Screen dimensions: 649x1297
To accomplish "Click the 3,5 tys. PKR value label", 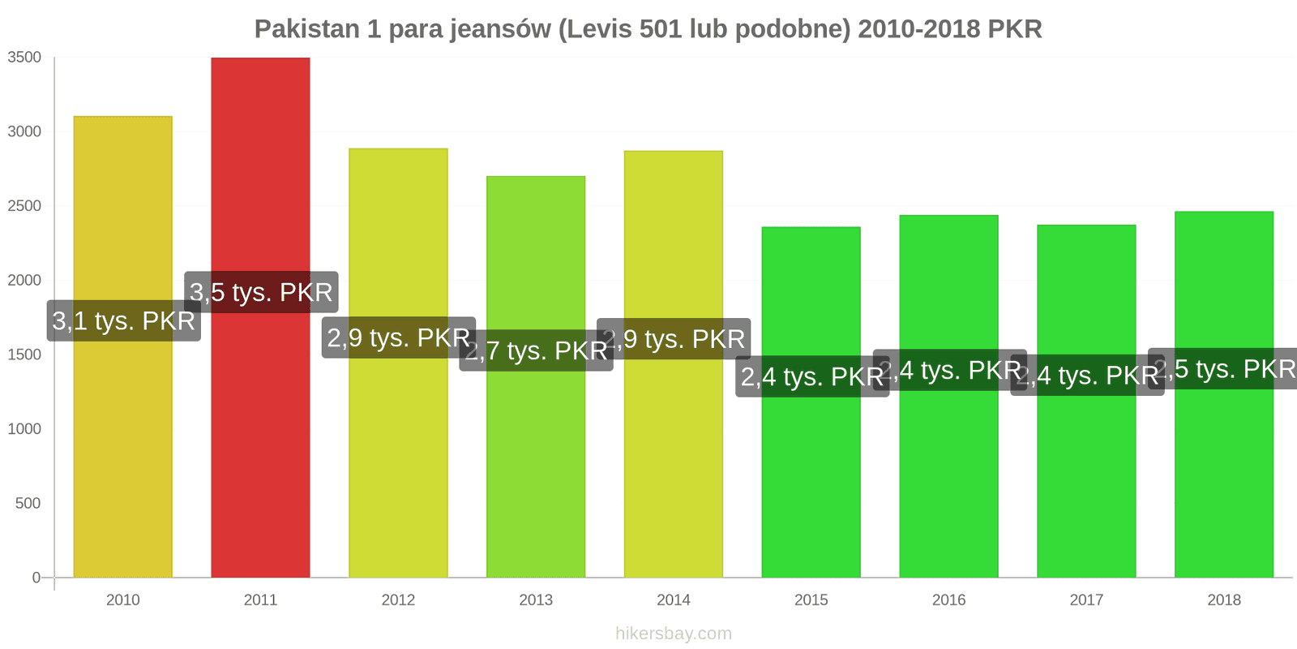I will point(261,292).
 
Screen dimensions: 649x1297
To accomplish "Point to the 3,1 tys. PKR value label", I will point(123,320).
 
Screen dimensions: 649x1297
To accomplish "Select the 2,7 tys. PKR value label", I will point(536,350).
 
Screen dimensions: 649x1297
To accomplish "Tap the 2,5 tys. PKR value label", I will point(1224,369).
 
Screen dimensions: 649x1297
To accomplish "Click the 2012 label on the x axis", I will point(398,600).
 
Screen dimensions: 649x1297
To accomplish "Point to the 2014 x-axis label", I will point(674,600).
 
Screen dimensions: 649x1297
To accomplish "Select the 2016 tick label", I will point(948,600).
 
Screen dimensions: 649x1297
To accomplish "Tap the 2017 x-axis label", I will point(1086,600).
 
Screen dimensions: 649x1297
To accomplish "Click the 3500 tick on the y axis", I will point(24,58).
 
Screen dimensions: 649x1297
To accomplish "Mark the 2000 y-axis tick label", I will point(24,281).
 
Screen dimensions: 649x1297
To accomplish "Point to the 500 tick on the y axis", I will point(28,504).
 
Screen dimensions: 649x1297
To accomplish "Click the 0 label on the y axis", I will point(36,578).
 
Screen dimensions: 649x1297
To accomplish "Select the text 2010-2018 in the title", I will point(918,29).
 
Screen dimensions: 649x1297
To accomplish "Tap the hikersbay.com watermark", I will point(673,634).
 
